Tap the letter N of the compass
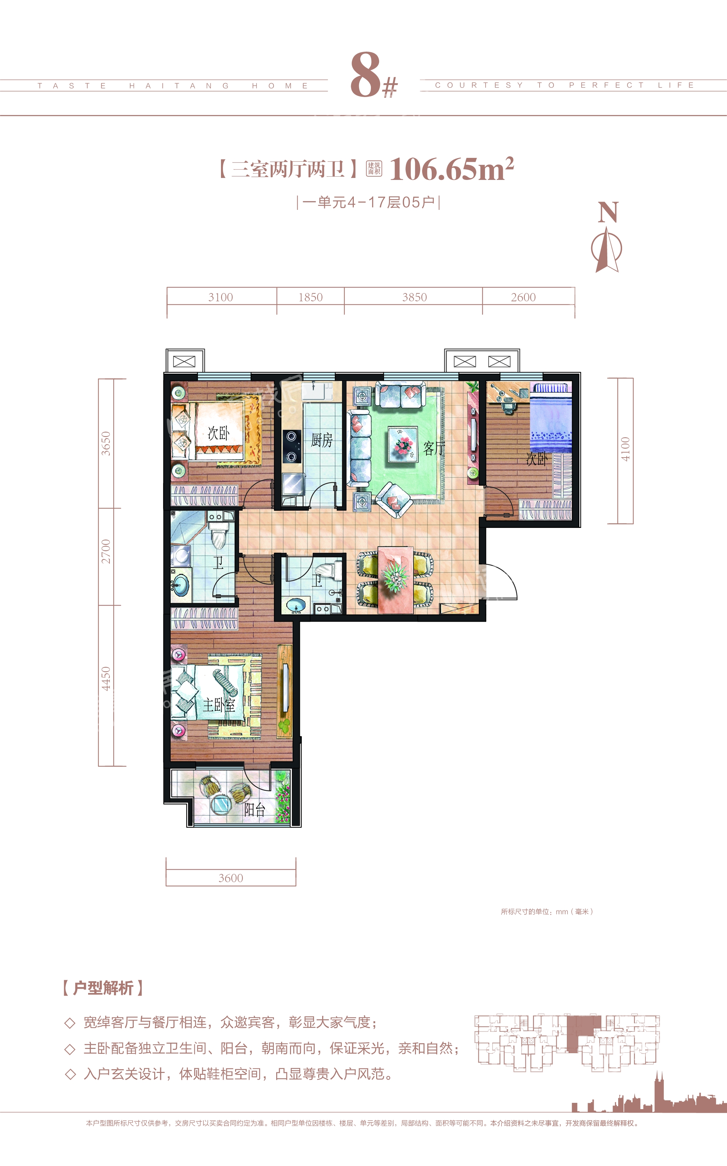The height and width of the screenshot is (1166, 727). tap(608, 212)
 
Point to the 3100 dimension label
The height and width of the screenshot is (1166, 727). tap(221, 297)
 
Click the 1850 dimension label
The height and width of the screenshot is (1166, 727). tap(311, 297)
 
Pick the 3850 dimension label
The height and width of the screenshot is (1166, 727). tap(415, 297)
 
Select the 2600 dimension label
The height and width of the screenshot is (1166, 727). tap(523, 297)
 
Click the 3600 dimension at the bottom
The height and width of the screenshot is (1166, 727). tap(231, 878)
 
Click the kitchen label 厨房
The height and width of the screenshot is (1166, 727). tap(322, 439)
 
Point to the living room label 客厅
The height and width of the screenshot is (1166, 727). tap(434, 448)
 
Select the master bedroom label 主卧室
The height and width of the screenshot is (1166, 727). tap(219, 705)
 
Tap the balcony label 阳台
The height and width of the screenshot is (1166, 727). tap(255, 810)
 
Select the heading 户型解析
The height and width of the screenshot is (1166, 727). tap(103, 988)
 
